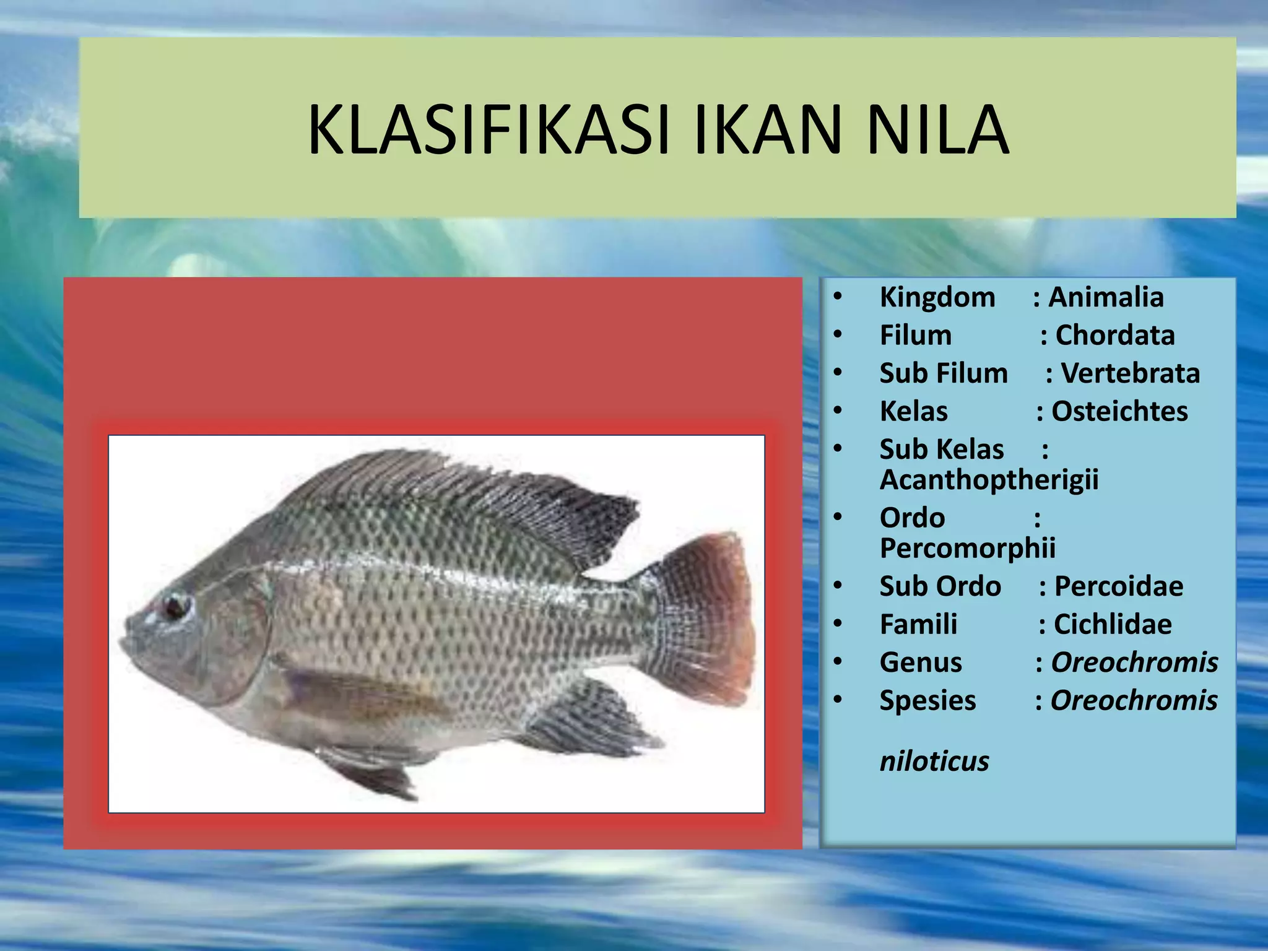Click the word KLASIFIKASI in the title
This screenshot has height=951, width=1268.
point(489,130)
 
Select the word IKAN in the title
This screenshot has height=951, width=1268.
point(768,130)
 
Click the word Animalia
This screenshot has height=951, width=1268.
point(1106,297)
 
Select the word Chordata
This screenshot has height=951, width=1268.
point(1114,336)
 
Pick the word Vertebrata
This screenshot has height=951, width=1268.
point(1131,373)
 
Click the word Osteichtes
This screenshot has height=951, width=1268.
point(1119,412)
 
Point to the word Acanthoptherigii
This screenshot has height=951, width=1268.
point(989,480)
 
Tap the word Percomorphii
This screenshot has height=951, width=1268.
point(967,549)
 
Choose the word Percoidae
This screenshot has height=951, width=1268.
point(1118,586)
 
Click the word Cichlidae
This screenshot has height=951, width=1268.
point(1113,625)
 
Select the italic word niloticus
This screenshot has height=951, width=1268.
point(934,762)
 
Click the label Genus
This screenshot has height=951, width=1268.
point(921,662)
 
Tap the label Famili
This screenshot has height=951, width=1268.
point(918,625)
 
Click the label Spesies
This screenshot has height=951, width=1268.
point(927,701)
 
